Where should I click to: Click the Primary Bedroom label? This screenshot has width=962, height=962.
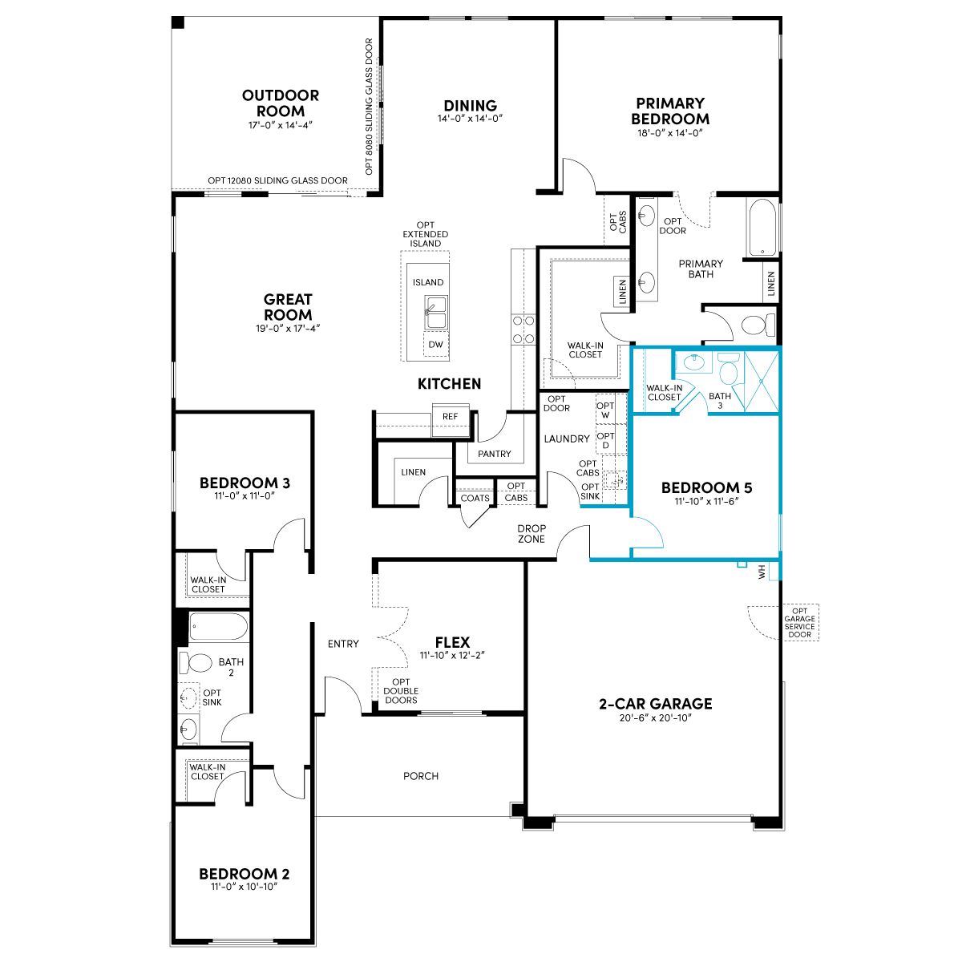click(669, 111)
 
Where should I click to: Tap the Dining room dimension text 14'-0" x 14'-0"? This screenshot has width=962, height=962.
click(470, 119)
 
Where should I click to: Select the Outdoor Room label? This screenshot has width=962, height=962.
click(280, 103)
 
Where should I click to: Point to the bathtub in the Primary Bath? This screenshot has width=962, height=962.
click(762, 228)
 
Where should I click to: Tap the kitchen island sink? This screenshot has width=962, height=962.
click(435, 312)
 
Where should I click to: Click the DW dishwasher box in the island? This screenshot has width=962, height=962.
click(435, 344)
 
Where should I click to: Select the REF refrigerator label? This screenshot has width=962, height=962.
click(450, 416)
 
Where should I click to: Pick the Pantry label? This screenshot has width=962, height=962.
click(495, 454)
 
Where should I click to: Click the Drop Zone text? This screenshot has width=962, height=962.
click(532, 534)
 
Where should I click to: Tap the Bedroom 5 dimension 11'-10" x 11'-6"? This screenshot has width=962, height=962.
click(706, 501)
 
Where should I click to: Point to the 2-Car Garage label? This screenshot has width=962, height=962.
click(656, 704)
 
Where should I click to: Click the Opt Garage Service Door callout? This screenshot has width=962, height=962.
click(799, 623)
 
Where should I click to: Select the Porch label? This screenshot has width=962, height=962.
click(421, 776)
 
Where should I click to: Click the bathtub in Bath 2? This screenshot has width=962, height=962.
click(219, 627)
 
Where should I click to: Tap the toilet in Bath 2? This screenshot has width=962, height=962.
click(196, 663)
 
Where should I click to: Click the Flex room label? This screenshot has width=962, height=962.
click(452, 642)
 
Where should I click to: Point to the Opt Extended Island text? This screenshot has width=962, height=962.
click(426, 234)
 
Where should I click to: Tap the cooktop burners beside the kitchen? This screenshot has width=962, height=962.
click(523, 329)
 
